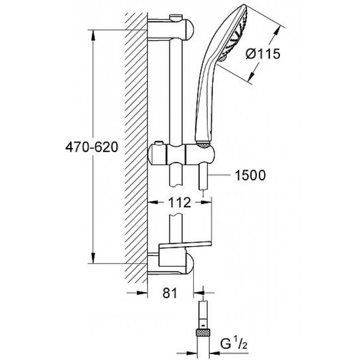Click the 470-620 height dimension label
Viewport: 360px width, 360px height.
[x=92, y=147]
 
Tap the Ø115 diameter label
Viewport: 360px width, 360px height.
[x=263, y=54]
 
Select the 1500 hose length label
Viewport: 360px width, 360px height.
[x=250, y=175]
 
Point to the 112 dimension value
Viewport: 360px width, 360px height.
[x=180, y=202]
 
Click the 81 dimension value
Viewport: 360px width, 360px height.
[x=170, y=293]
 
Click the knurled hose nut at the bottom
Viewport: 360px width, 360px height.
[x=203, y=332]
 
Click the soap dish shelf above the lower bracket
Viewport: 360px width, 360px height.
[x=184, y=245]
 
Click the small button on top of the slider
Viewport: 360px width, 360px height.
[x=158, y=143]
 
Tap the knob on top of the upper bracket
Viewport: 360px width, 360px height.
[x=176, y=17]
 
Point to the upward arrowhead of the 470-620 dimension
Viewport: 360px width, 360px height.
[x=93, y=36]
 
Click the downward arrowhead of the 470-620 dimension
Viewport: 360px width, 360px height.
[x=93, y=257]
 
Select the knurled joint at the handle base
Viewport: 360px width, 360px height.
[x=203, y=144]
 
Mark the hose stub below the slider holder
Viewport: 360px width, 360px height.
[x=203, y=177]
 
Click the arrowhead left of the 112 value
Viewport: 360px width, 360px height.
[x=153, y=202]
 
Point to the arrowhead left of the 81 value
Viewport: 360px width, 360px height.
[x=142, y=293]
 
